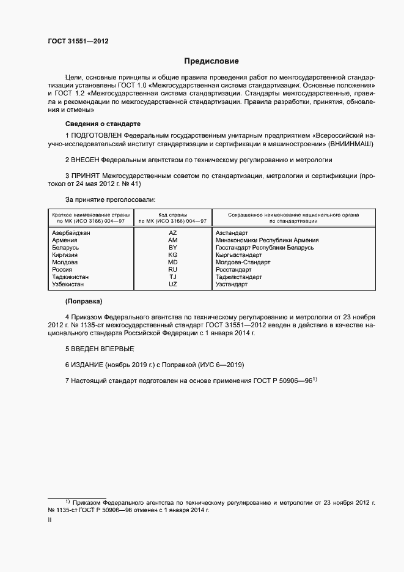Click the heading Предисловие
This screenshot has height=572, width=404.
pos(211,61)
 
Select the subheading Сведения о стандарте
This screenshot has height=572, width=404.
pos(103,124)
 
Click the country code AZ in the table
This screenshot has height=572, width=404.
pos(173,233)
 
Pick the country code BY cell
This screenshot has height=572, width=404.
pos(173,248)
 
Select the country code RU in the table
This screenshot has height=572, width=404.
pos(173,270)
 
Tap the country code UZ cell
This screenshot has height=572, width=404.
pos(173,284)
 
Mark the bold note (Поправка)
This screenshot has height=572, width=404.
pos(84,302)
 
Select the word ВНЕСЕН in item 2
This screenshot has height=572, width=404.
pos(86,159)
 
